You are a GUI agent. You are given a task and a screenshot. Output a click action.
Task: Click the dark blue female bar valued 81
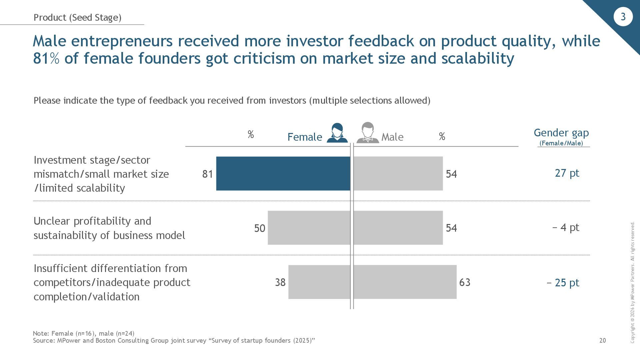[x=283, y=173]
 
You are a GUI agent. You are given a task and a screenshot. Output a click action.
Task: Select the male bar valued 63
[x=405, y=282]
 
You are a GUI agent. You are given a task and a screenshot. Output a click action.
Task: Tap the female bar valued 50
[x=309, y=228]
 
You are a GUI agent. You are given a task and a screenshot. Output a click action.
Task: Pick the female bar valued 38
[x=319, y=282]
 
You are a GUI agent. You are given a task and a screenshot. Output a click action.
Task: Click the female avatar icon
[x=337, y=133]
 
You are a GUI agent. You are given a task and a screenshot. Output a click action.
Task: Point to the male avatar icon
[x=368, y=133]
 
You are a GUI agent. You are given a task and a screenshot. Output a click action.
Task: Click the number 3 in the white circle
[x=623, y=17]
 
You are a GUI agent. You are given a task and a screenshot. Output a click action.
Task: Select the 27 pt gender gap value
[x=567, y=173]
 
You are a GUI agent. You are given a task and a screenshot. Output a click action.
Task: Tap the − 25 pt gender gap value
[x=563, y=283]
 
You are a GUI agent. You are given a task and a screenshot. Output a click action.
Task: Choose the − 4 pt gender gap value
[x=566, y=227]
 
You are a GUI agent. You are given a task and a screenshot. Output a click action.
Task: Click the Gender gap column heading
[x=561, y=133]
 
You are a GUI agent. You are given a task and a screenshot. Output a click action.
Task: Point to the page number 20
[x=602, y=340]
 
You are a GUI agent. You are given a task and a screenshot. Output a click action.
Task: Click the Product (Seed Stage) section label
[x=77, y=17]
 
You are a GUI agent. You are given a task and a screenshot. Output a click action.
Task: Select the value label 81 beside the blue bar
[x=207, y=174]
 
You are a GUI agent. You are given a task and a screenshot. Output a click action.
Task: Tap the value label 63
[x=465, y=282]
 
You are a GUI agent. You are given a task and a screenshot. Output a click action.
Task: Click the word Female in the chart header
[x=305, y=137]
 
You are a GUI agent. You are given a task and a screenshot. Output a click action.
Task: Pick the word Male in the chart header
[x=392, y=137]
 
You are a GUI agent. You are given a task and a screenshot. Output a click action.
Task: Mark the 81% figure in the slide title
[x=46, y=58]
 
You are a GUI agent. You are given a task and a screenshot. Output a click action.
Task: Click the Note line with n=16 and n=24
[x=84, y=333]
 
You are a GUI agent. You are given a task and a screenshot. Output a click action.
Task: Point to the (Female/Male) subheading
[x=561, y=143]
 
